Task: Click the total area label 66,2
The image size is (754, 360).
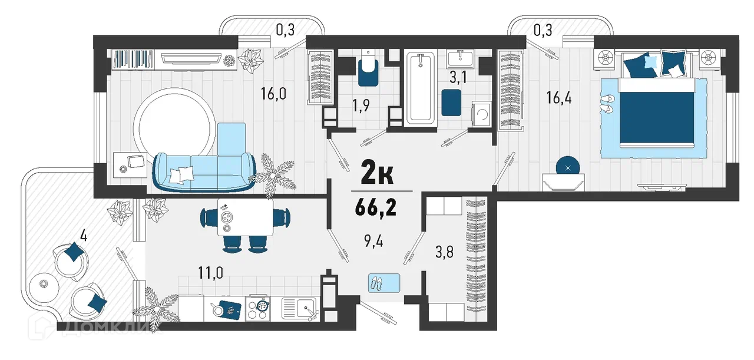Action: click(x=375, y=208)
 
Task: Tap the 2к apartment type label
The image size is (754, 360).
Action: click(x=377, y=172)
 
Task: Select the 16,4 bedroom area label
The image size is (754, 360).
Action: click(x=559, y=98)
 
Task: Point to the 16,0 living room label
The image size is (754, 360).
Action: click(x=273, y=94)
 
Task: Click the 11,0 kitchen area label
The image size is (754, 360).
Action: click(x=210, y=273)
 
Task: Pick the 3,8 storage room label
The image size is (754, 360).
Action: click(x=444, y=252)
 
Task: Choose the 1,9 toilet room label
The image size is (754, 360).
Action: click(x=361, y=105)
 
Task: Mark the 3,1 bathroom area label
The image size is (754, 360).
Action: click(x=458, y=77)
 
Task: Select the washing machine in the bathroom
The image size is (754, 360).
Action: click(x=482, y=114)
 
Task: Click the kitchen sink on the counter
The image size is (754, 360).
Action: click(x=299, y=309)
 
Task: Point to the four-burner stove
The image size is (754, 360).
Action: click(x=257, y=309)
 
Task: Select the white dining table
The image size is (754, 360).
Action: click(x=245, y=217)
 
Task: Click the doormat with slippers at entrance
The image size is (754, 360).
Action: click(x=384, y=283)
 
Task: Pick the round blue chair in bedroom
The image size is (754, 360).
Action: click(x=568, y=166)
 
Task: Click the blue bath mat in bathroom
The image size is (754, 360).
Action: click(x=451, y=103)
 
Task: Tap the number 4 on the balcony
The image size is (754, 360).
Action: click(x=84, y=236)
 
